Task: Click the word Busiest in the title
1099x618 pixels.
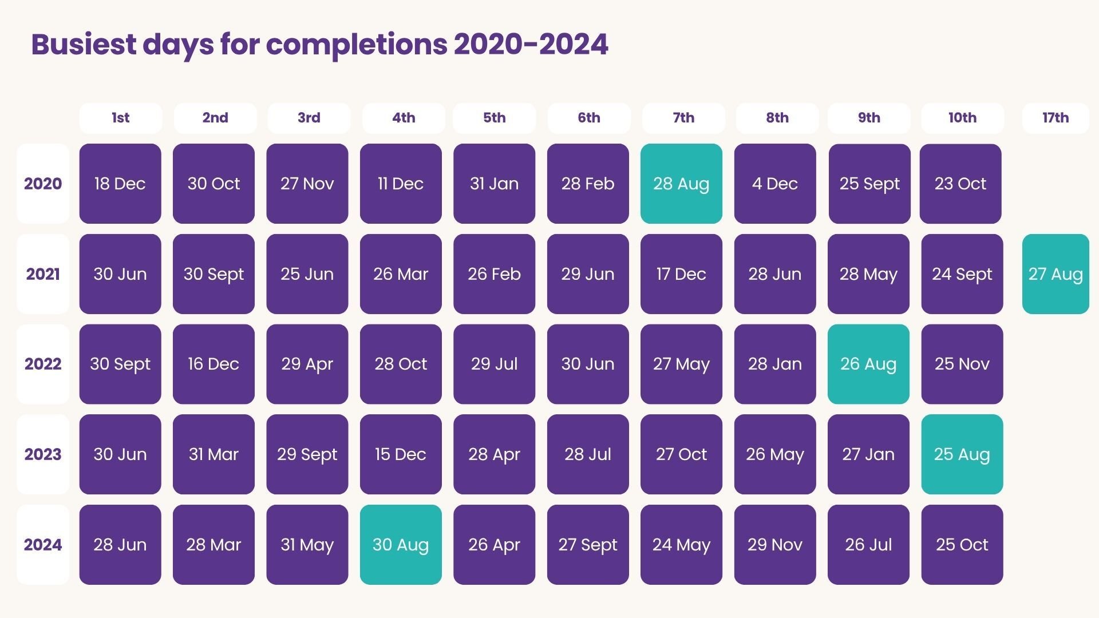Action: click(x=84, y=45)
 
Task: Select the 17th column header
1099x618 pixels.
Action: click(x=1055, y=118)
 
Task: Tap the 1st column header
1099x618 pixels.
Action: click(x=120, y=118)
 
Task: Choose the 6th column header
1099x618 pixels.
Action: click(x=588, y=118)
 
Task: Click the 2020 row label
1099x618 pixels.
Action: click(x=43, y=184)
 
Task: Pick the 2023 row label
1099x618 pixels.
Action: click(x=43, y=454)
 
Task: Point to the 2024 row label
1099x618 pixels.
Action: click(x=43, y=545)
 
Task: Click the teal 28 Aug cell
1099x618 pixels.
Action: click(x=681, y=184)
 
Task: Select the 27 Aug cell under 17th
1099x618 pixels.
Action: click(x=1055, y=274)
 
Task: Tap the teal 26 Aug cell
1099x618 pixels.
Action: click(x=868, y=364)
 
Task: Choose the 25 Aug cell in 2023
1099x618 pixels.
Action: click(x=962, y=454)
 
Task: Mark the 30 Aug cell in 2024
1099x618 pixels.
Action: click(x=401, y=545)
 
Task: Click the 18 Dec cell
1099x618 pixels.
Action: click(x=120, y=184)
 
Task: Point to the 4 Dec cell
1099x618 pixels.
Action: click(x=774, y=184)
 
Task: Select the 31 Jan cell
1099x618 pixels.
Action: click(x=494, y=184)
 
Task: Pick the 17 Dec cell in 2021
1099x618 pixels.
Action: click(x=681, y=274)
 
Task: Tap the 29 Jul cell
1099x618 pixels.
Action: click(x=494, y=364)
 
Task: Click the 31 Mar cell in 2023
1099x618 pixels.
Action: click(x=214, y=454)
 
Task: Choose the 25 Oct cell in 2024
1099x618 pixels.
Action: click(x=962, y=545)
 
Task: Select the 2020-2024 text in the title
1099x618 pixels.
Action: click(x=531, y=45)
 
